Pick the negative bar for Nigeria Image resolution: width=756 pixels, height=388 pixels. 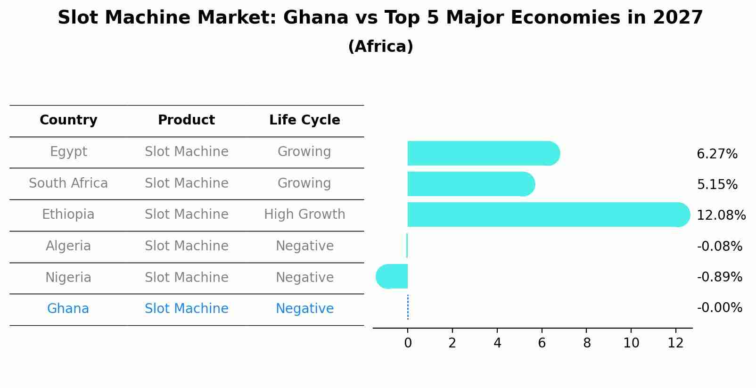(x=392, y=276)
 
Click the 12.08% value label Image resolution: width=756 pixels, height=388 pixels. (x=721, y=215)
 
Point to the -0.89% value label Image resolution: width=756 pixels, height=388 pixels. (x=719, y=277)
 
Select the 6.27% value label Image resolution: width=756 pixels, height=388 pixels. (x=717, y=154)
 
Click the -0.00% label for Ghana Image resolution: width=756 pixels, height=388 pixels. (x=719, y=308)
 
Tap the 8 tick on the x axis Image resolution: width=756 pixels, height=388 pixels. (x=586, y=343)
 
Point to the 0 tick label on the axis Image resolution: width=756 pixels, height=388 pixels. (x=408, y=343)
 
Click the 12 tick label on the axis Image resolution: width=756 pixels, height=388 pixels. (x=675, y=343)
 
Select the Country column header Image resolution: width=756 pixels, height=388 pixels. (x=68, y=120)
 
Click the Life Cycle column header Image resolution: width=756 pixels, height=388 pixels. (x=304, y=120)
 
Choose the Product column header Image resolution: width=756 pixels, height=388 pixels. (x=186, y=120)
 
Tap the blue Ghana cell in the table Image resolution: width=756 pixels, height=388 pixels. (x=68, y=309)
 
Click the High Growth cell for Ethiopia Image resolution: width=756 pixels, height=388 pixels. (x=304, y=215)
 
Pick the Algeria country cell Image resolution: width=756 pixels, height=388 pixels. (x=68, y=246)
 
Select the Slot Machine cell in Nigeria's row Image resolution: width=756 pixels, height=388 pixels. (x=186, y=277)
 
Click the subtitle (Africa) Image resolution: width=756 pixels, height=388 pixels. (x=380, y=47)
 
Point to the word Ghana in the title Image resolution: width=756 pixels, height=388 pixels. (x=315, y=18)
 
